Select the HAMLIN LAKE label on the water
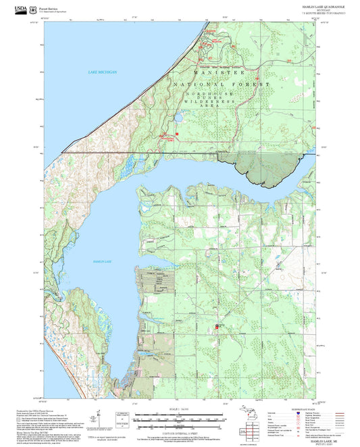pos(101,261)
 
